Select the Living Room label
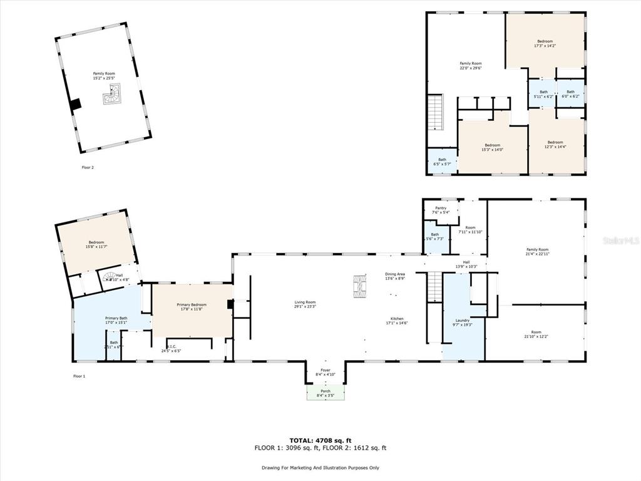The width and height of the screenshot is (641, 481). [305, 304]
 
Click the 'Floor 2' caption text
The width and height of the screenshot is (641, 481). [88, 167]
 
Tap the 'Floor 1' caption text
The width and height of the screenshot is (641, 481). [79, 376]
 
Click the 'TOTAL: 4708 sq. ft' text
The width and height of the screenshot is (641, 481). [320, 440]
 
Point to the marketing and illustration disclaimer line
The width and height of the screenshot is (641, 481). [320, 467]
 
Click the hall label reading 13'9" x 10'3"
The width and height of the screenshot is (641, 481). [466, 264]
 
